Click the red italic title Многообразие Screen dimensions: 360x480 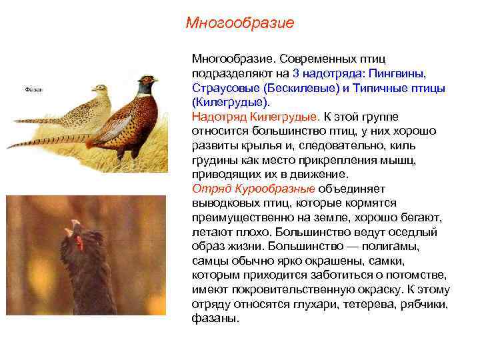(240, 23)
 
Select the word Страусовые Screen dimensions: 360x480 (225, 88)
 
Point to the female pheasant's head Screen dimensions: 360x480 (101, 89)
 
